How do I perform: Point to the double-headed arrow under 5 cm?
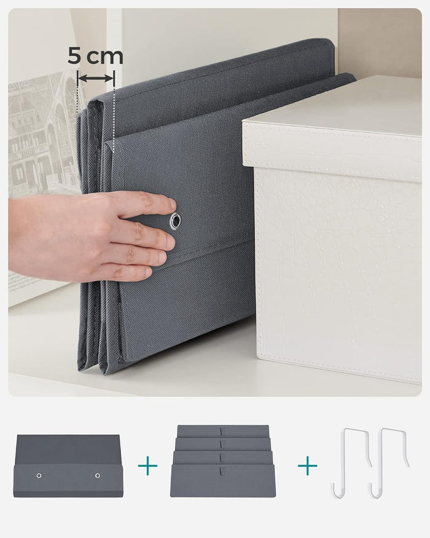click(96, 77)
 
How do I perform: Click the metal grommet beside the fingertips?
click(176, 221)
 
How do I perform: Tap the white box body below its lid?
click(338, 271)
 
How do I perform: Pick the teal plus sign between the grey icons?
click(147, 465)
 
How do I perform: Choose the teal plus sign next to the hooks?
click(308, 465)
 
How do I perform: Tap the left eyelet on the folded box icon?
click(39, 475)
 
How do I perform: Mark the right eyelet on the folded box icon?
click(98, 475)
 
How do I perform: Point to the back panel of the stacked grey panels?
click(222, 430)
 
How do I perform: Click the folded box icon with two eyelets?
click(68, 465)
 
